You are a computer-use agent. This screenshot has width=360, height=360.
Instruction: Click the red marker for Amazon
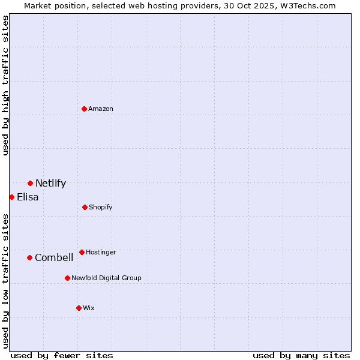pyautogui.click(x=84, y=109)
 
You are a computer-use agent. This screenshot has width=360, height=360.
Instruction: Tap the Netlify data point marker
pyautogui.click(x=30, y=183)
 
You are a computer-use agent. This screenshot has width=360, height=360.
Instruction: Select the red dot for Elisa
pyautogui.click(x=11, y=197)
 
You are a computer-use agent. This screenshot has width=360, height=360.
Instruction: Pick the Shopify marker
pyautogui.click(x=85, y=207)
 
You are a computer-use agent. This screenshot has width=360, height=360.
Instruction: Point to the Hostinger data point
pyautogui.click(x=82, y=252)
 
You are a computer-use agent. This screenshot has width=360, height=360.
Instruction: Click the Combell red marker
pyautogui.click(x=29, y=257)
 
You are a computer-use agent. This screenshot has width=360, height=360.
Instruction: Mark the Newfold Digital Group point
pyautogui.click(x=67, y=278)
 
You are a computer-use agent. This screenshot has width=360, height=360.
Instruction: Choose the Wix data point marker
pyautogui.click(x=79, y=308)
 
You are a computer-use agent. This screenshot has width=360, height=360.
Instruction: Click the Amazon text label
pyautogui.click(x=101, y=109)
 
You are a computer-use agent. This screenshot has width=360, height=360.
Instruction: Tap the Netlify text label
pyautogui.click(x=50, y=184)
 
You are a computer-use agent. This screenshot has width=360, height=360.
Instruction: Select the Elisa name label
pyautogui.click(x=28, y=197)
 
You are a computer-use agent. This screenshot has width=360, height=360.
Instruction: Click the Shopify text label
pyautogui.click(x=101, y=207)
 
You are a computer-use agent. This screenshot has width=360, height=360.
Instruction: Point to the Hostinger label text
pyautogui.click(x=101, y=252)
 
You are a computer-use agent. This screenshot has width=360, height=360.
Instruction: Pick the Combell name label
pyautogui.click(x=54, y=257)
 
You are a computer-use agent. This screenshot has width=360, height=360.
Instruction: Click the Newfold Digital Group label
pyautogui.click(x=106, y=278)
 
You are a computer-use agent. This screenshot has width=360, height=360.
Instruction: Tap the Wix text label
pyautogui.click(x=89, y=308)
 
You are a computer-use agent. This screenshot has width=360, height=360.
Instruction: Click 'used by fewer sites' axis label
pyautogui.click(x=62, y=355)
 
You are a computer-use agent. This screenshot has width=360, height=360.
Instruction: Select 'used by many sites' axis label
pyautogui.click(x=301, y=355)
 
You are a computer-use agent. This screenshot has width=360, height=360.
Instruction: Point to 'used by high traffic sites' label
pyautogui.click(x=5, y=85)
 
